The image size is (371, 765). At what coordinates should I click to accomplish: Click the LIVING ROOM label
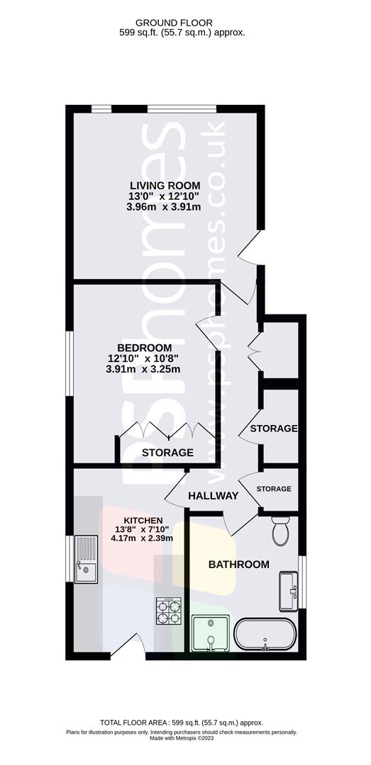click(163, 186)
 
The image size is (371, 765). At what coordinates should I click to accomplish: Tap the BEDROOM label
click(144, 347)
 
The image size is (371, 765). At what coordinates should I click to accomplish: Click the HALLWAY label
click(213, 496)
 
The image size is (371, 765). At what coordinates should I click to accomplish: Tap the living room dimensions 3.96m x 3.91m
click(163, 208)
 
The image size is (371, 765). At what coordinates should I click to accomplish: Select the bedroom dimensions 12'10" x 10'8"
click(144, 358)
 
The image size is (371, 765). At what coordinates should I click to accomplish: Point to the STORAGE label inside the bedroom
click(167, 453)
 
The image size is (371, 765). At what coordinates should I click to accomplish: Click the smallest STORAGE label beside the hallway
click(274, 489)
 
